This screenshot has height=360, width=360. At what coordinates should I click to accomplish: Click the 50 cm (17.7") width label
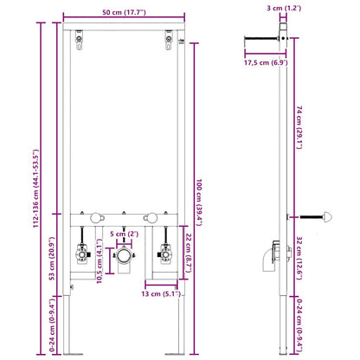(x=123, y=12)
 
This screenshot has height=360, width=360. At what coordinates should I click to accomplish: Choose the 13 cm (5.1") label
(x=161, y=292)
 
